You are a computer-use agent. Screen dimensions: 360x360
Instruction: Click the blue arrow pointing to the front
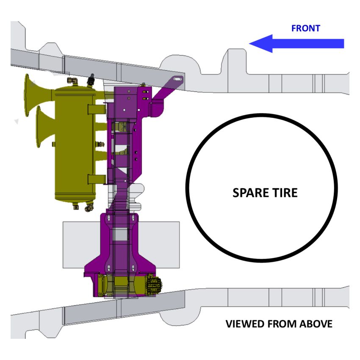(296, 44)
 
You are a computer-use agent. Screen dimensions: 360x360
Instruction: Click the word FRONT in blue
(305, 28)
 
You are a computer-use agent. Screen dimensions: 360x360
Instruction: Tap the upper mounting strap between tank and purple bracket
(97, 109)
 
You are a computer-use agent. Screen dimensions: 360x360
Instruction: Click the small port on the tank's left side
(53, 144)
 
